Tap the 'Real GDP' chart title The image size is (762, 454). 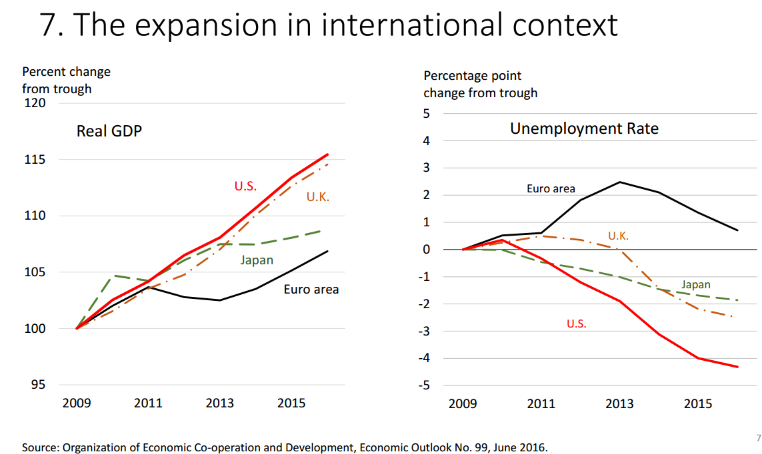tap(109, 130)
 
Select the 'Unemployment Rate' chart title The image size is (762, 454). tap(584, 128)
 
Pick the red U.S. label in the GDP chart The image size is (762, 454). tap(245, 186)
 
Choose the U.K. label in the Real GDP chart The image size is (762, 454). tap(318, 196)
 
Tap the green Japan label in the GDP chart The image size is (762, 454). tap(257, 260)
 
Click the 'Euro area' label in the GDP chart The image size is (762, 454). tap(311, 289)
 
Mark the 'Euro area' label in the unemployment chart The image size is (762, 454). tap(551, 188)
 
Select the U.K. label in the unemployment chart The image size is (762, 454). tap(618, 236)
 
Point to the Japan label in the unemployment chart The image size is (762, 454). tap(695, 285)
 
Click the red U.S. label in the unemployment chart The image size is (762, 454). tap(577, 324)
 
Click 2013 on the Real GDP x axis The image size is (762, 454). tap(219, 403)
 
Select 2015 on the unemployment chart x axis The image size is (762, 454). tap(698, 403)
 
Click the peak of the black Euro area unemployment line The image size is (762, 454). tap(619, 182)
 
